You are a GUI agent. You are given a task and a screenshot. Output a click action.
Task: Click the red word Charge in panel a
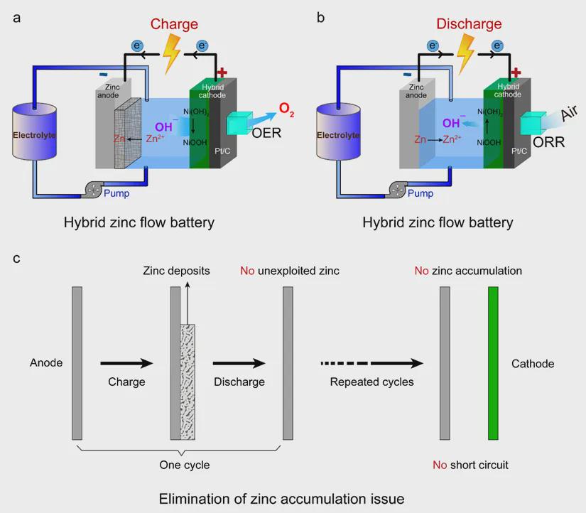174,24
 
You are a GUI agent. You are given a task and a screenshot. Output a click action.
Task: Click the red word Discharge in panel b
469,24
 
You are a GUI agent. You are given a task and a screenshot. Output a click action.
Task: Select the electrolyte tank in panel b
338,134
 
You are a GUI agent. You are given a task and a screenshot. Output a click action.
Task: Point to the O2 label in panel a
286,109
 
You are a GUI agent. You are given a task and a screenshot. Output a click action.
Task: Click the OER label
266,131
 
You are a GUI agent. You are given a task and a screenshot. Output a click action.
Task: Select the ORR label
548,142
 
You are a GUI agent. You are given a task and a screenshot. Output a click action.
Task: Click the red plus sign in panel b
516,72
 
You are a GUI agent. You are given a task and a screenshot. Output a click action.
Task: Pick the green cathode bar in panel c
493,363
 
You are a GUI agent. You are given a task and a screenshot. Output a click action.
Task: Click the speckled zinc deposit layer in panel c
188,382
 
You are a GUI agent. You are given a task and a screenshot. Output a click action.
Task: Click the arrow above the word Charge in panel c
126,363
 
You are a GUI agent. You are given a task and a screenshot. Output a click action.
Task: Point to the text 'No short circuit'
471,465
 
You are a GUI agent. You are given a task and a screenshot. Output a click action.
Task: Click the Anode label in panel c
46,363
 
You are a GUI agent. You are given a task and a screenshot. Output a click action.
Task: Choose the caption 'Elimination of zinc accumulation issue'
282,498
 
